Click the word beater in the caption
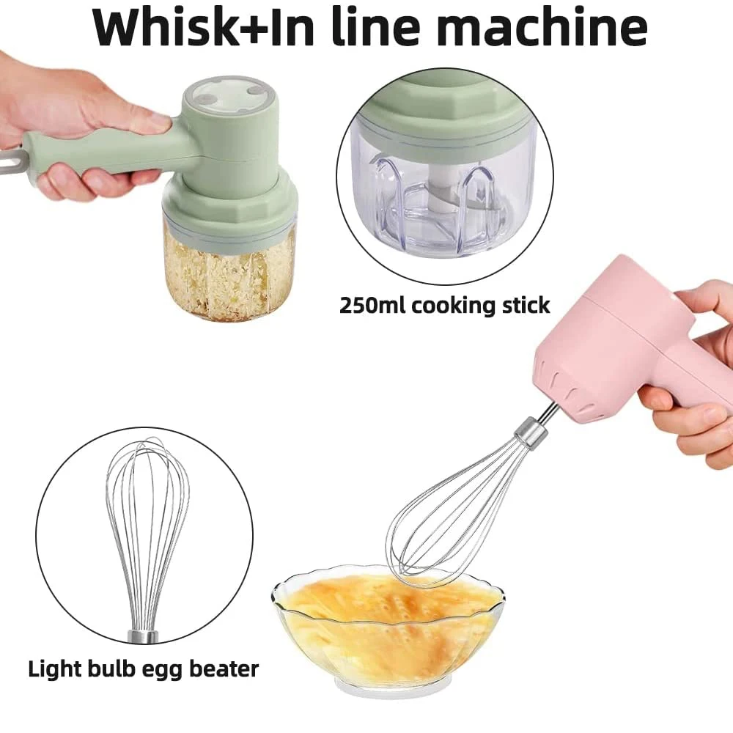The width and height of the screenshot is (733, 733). [221, 668]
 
